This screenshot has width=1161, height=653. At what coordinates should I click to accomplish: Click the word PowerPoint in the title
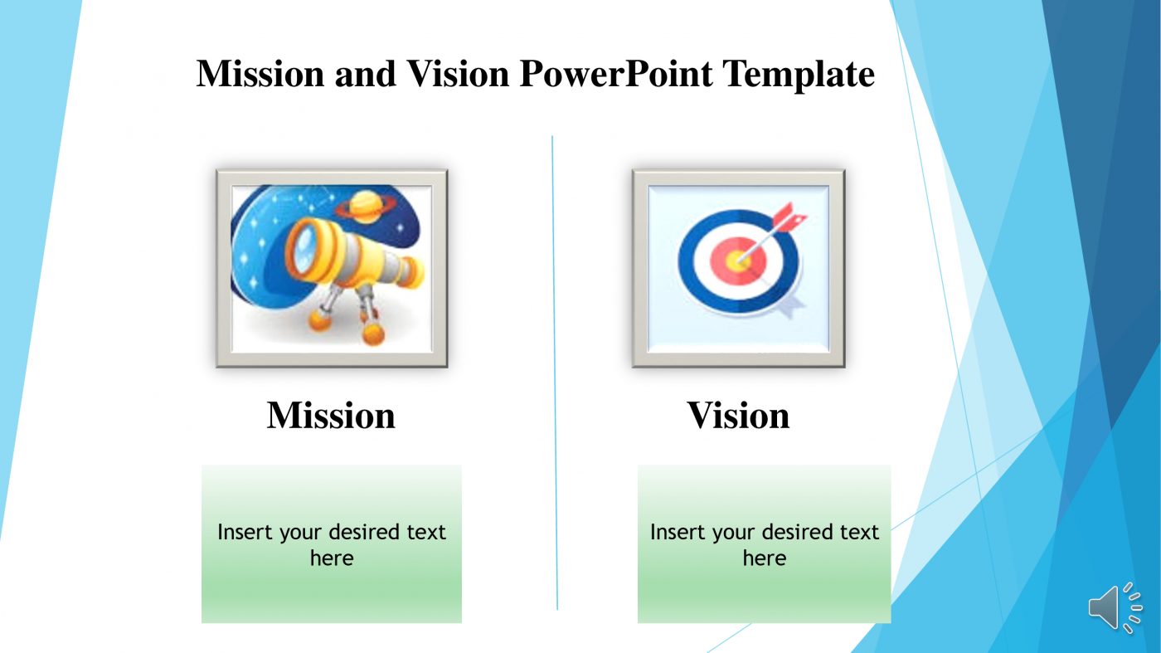[615, 75]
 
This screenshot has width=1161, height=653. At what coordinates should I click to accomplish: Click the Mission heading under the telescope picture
[331, 415]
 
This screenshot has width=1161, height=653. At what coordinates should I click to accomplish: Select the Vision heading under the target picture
[738, 415]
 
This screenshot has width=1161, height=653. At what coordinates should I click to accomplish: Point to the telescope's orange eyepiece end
[411, 270]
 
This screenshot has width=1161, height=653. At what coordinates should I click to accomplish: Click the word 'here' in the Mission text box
[331, 558]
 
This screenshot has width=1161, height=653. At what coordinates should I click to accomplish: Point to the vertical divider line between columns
[555, 373]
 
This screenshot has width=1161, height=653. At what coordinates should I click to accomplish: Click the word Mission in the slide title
[260, 75]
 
